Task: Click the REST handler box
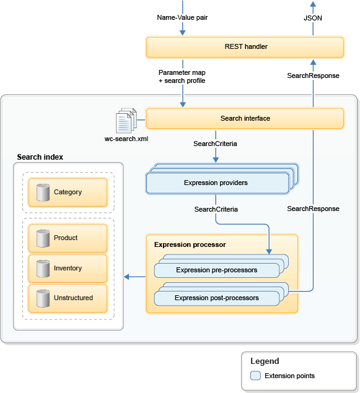[x=245, y=47]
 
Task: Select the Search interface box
[x=245, y=118]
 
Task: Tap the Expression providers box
[x=216, y=183]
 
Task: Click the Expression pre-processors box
[x=216, y=270]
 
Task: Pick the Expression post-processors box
[x=216, y=298]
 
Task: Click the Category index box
[x=68, y=192]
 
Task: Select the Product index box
[x=68, y=238]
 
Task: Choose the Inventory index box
[x=68, y=268]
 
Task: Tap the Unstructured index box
[x=68, y=298]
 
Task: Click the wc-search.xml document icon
[x=126, y=119]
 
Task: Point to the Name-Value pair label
[x=182, y=17]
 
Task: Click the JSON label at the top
[x=313, y=18]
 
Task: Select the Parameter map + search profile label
[x=182, y=77]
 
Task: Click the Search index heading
[x=40, y=157]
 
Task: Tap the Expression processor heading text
[x=190, y=244]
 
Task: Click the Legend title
[x=265, y=361]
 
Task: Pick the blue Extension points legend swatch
[x=255, y=376]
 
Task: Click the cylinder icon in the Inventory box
[x=43, y=268]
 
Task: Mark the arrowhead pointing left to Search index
[x=126, y=276]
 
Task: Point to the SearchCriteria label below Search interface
[x=216, y=143]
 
